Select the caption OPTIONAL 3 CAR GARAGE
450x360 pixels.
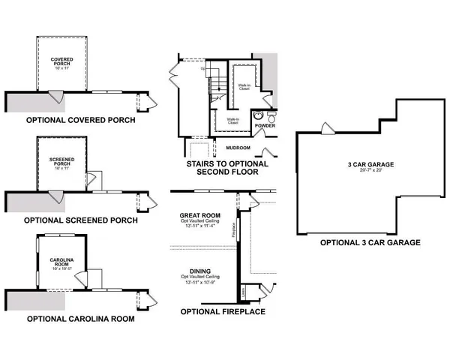(x=370, y=243)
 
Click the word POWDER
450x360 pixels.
(x=265, y=125)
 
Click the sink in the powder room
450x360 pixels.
(x=257, y=115)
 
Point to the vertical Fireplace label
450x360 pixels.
(x=234, y=229)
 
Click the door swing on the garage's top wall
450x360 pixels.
(x=328, y=128)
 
